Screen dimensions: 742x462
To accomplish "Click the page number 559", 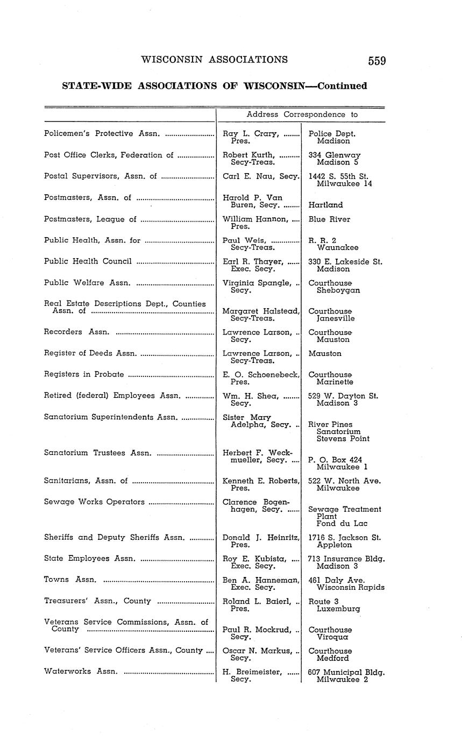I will [376, 61].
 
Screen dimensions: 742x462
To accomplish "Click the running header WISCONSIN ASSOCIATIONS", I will [214, 60].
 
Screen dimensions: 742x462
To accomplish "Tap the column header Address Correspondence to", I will [302, 115].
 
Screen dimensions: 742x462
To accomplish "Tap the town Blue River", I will [329, 219].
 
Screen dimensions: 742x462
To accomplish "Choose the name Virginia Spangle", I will [257, 283].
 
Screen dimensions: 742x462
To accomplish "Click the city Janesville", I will [336, 318].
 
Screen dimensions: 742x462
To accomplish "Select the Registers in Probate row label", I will [84, 375].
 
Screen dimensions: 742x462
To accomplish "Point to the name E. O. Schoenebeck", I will [260, 375].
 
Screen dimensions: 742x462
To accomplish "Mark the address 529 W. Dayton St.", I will [343, 396].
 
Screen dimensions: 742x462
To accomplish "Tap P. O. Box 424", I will [335, 460].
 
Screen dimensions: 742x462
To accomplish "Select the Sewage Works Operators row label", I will [94, 502].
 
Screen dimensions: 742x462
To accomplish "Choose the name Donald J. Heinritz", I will [260, 538].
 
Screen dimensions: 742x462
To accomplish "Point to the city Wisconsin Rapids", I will [351, 588].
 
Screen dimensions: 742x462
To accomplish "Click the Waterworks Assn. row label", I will [81, 672].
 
